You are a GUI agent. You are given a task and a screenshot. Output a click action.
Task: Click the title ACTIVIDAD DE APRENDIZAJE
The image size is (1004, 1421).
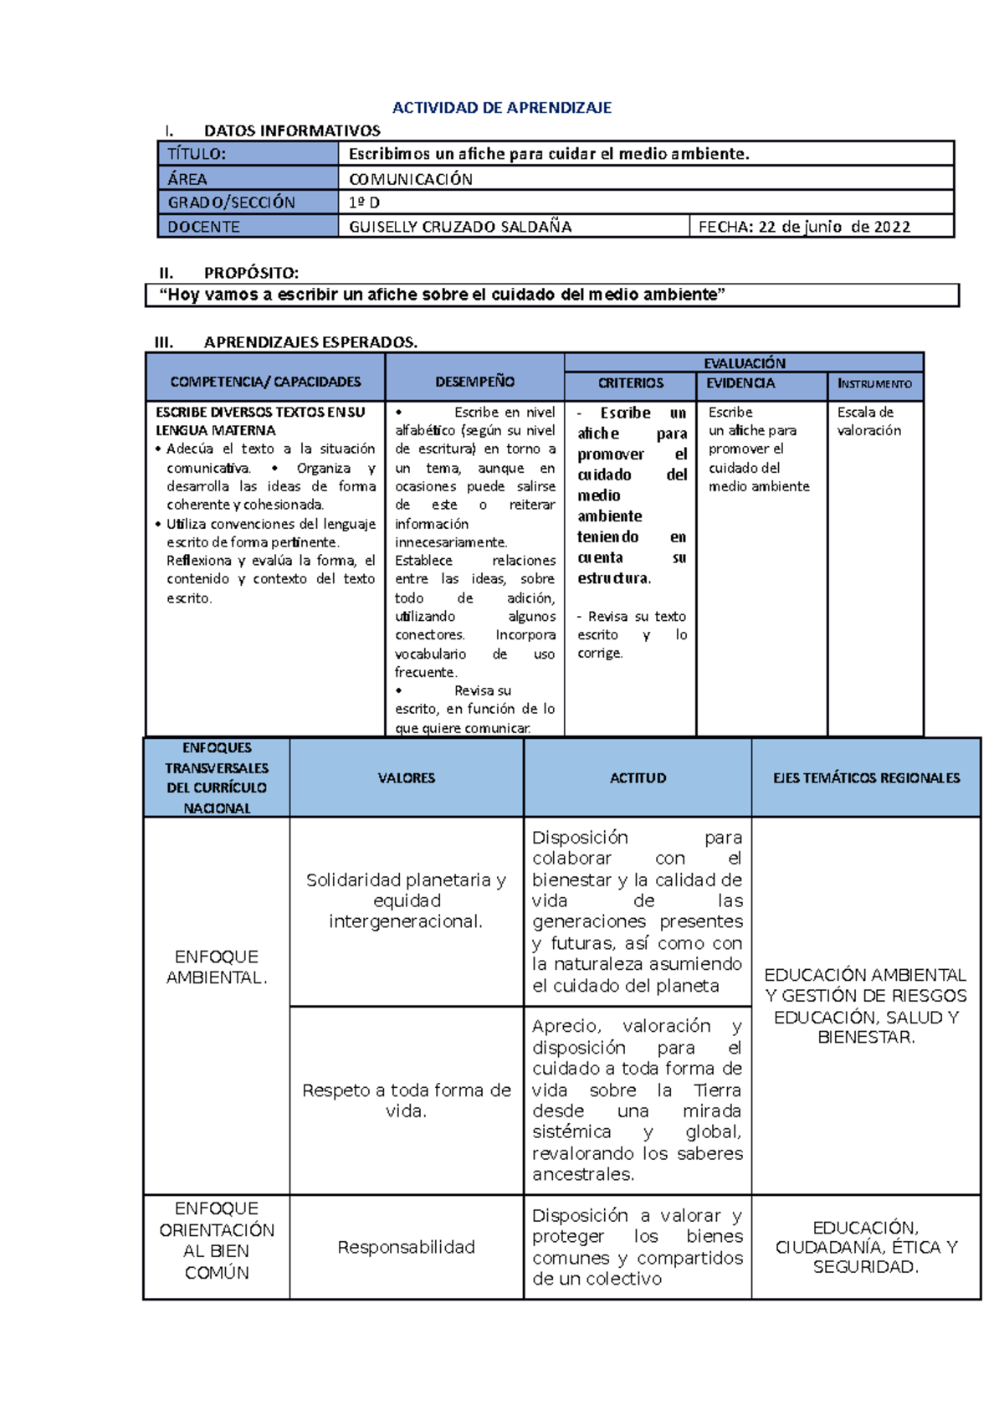(x=502, y=107)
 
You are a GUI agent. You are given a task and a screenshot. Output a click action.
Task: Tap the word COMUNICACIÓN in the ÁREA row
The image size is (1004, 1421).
(x=411, y=179)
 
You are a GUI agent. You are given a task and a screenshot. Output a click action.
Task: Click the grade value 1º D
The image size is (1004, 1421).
(x=364, y=203)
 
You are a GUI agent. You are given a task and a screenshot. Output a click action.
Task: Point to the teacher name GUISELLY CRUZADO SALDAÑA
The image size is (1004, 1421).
(x=460, y=227)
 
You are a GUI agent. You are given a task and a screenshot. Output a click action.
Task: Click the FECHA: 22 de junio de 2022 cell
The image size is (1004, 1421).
(x=804, y=227)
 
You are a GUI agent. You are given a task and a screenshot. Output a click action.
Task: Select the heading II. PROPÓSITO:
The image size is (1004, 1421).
(x=228, y=273)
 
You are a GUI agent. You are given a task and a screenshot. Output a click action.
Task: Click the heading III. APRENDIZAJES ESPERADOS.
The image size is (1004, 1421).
(x=286, y=341)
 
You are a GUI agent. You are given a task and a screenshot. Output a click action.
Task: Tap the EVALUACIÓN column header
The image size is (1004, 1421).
(x=744, y=363)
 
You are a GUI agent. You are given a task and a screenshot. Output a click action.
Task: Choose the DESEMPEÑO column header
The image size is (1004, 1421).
(x=474, y=382)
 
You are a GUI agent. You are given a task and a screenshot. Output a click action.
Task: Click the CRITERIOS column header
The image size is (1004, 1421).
(x=630, y=383)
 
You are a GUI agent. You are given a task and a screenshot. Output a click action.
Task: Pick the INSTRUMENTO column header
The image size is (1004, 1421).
(x=874, y=383)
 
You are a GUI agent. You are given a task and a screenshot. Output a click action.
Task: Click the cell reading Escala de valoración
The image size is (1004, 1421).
(x=869, y=422)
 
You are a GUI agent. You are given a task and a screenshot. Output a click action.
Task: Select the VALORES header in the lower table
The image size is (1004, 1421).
(x=406, y=778)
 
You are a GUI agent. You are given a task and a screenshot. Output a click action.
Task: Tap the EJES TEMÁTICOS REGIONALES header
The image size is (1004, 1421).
(x=866, y=778)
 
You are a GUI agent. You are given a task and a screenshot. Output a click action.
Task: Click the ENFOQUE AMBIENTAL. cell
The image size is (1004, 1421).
(x=217, y=967)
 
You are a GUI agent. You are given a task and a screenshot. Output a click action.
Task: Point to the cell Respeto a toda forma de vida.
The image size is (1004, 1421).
(x=406, y=1100)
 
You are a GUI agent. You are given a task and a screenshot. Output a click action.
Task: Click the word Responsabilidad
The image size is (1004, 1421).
(x=406, y=1247)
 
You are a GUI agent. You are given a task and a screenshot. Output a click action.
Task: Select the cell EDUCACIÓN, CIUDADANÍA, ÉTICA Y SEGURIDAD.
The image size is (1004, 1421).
(x=866, y=1247)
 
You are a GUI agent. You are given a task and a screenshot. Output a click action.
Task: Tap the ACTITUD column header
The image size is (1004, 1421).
(x=638, y=778)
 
